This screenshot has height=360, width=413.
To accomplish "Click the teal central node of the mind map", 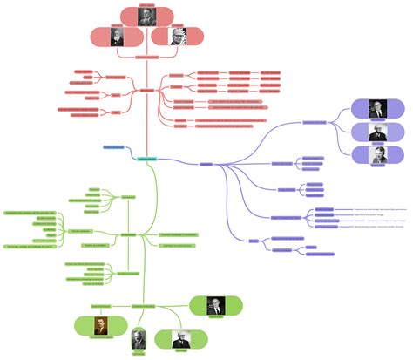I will (x=146, y=158).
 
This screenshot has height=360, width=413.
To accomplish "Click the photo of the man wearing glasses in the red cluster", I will (x=176, y=37).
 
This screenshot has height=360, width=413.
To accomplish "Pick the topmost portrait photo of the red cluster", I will (x=146, y=14).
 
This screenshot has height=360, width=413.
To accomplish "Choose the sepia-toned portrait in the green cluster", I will (x=95, y=325).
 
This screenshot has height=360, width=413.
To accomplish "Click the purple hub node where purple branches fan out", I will (x=206, y=163).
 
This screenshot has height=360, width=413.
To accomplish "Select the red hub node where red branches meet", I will (x=146, y=90).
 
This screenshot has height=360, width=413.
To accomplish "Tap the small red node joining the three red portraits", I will (x=146, y=55).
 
